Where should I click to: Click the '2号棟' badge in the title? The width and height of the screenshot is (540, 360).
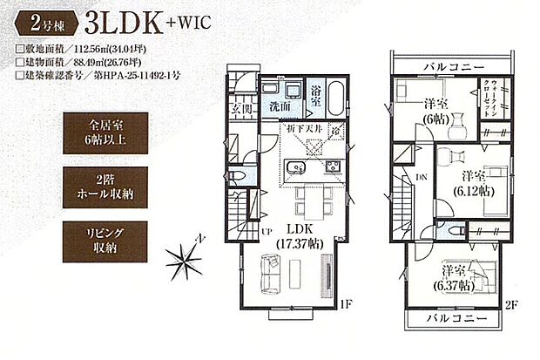pyautogui.click(x=37, y=20)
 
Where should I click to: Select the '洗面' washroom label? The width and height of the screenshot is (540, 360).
pyautogui.click(x=280, y=107)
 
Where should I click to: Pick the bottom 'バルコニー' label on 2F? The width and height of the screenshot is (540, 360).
pyautogui.click(x=457, y=319)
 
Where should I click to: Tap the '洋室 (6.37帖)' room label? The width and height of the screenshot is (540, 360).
pyautogui.click(x=456, y=276)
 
